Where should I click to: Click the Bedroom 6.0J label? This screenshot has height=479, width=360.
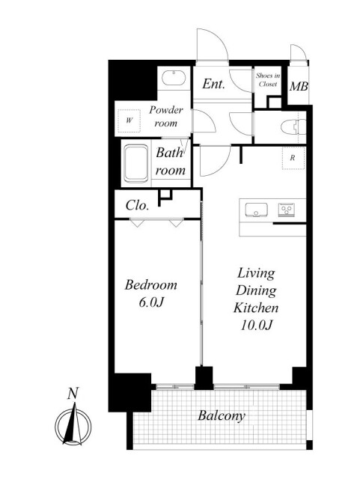[151, 293]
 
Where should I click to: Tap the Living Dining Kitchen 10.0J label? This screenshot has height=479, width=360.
[256, 299]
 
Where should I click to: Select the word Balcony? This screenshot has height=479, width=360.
[222, 416]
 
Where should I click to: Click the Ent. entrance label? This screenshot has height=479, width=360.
[213, 84]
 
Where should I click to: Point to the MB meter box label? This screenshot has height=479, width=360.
[299, 87]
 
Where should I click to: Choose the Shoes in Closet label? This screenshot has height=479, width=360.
[268, 80]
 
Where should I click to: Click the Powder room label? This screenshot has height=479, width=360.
[166, 117]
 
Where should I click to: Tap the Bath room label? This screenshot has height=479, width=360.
[170, 162]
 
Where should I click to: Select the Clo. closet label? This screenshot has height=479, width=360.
[137, 205]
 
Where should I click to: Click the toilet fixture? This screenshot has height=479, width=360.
[293, 126]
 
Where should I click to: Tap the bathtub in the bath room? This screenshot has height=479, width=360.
[136, 163]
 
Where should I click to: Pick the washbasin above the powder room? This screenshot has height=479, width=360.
[174, 78]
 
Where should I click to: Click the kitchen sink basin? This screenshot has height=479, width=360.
[256, 210]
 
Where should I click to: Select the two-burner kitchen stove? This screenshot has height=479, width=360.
[287, 210]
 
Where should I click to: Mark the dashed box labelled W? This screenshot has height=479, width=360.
[129, 120]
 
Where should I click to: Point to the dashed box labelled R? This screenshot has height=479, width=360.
[293, 158]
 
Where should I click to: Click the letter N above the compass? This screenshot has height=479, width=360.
[73, 394]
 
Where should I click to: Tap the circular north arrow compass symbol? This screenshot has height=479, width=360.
[73, 425]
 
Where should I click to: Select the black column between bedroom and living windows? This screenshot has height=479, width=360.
[204, 378]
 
